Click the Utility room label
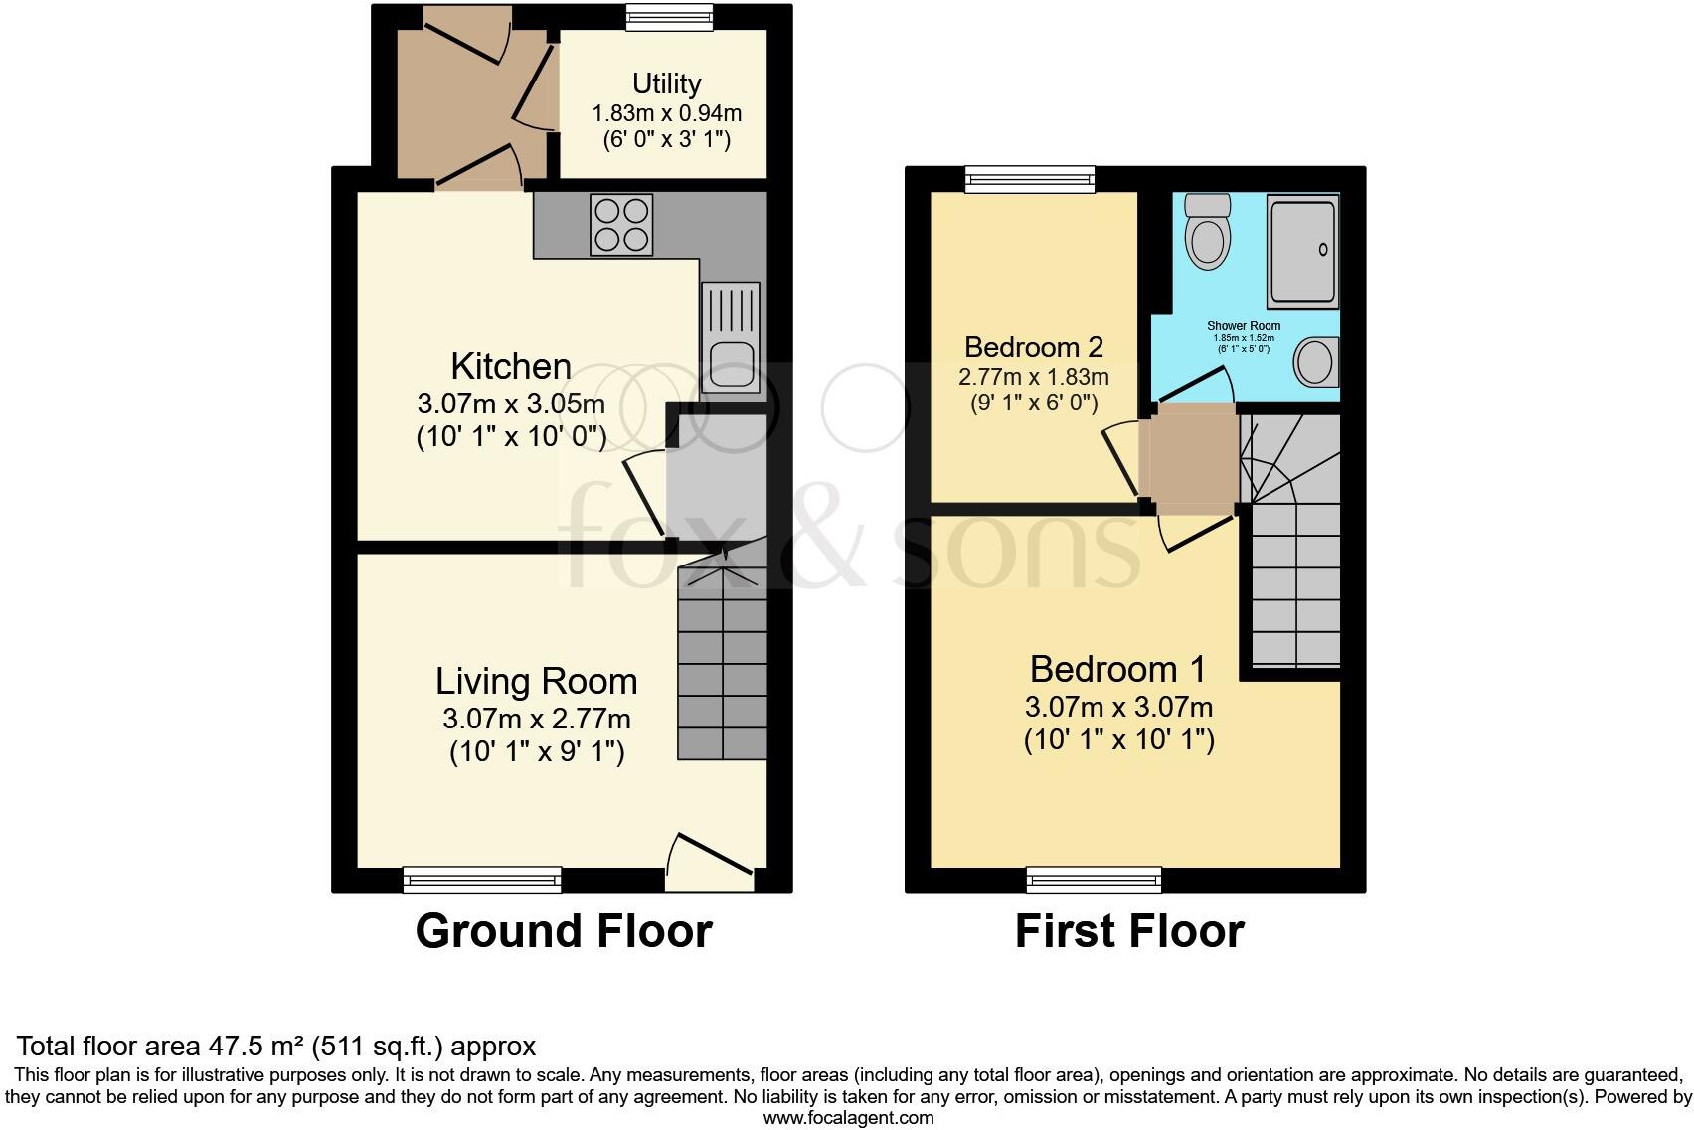coord(666,83)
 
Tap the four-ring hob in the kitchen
coord(621,224)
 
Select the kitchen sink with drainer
coord(730,337)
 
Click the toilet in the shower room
coord(1209,231)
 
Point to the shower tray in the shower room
coord(1302,251)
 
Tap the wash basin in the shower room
coord(1317,361)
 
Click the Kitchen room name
coord(511,366)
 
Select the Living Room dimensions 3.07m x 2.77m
coord(537,719)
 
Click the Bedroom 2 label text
coord(1034,347)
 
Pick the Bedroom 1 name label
coord(1118,669)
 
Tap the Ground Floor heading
coord(564,931)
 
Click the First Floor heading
coord(1129,931)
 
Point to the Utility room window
coord(669,17)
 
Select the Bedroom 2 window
coord(1030,179)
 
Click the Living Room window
coord(482,880)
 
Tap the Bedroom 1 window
coord(1094,880)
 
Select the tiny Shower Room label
coord(1244,326)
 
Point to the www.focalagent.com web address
coord(848,1117)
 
